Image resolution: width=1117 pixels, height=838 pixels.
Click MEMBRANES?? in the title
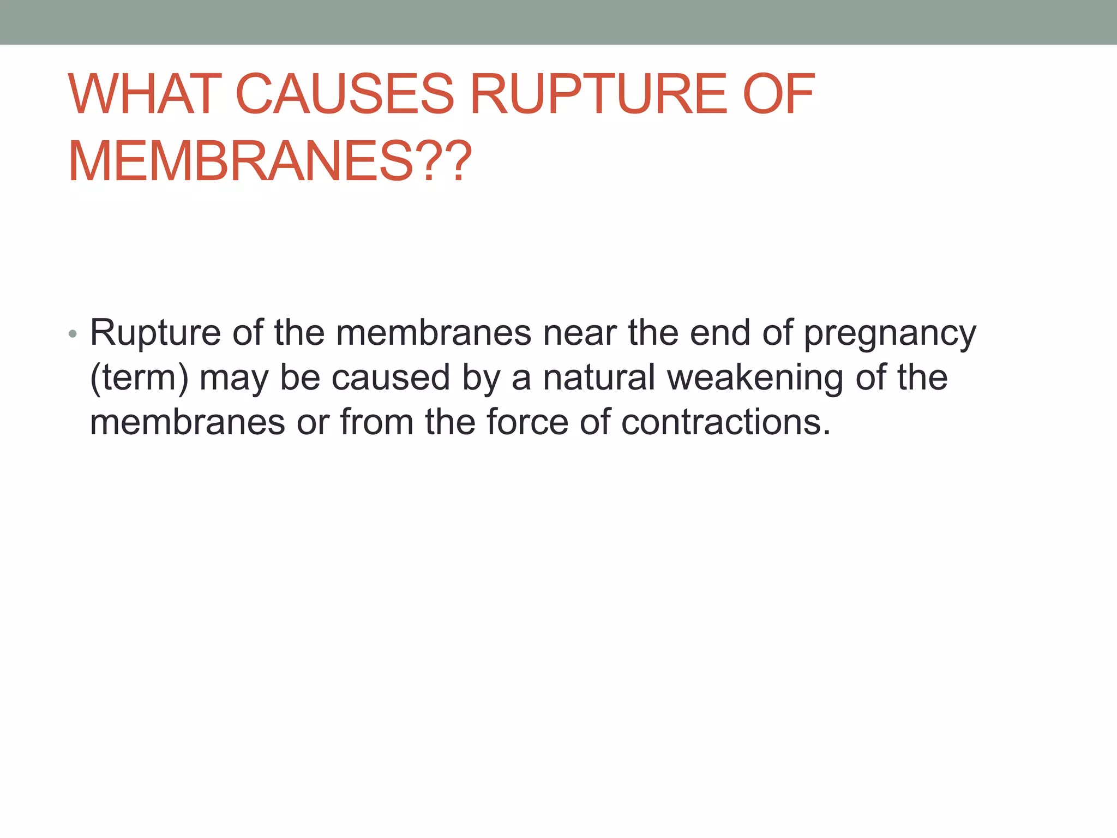pyautogui.click(x=269, y=161)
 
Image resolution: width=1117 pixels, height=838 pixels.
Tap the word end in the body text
pyautogui.click(x=720, y=333)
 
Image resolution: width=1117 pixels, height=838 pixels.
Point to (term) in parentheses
pyautogui.click(x=139, y=378)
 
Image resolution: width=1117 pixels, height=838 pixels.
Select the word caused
pyautogui.click(x=391, y=378)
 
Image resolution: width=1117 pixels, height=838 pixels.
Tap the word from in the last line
pyautogui.click(x=377, y=422)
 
